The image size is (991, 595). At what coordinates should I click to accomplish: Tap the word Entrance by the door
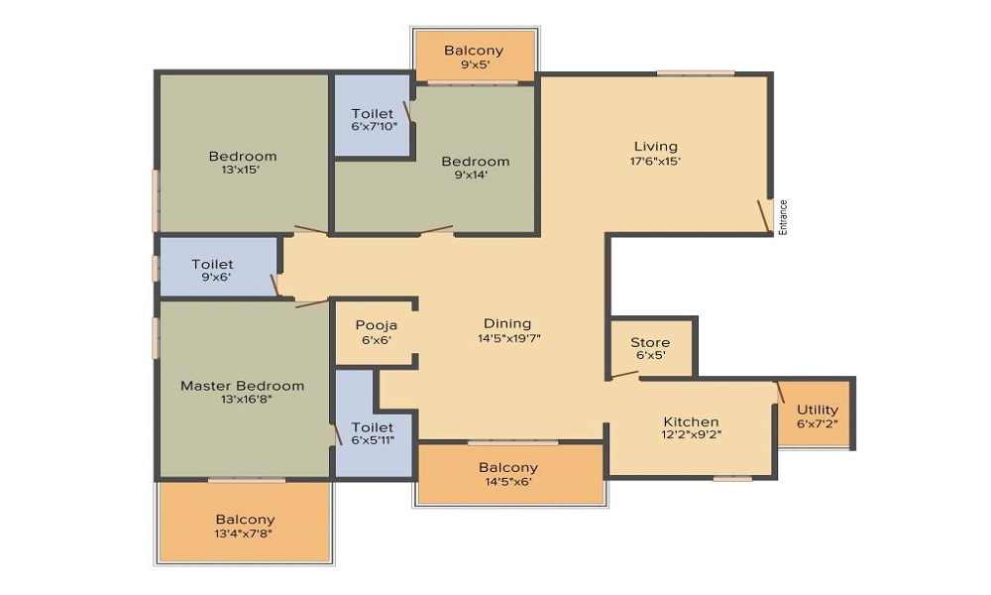tap(783, 217)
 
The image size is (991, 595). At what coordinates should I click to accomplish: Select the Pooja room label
tap(376, 324)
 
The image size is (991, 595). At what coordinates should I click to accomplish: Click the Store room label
tap(650, 342)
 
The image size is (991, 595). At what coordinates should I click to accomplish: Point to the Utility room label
tap(818, 410)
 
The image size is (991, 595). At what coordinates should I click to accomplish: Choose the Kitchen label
tap(691, 421)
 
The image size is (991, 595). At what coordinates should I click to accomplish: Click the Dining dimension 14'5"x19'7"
tap(507, 337)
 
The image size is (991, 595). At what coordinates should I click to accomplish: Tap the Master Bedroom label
tap(242, 385)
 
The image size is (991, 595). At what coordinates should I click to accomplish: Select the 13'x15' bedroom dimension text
tap(242, 170)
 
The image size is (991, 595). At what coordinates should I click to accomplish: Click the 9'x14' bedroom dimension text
tap(475, 175)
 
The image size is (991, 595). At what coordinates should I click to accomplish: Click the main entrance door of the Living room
tap(764, 215)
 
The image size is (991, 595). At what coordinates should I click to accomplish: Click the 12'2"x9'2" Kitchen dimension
tap(691, 434)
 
